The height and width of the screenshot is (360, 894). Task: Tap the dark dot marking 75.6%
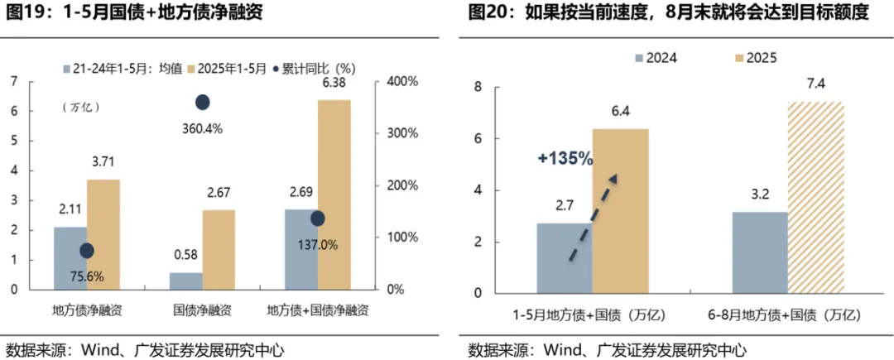click(x=87, y=251)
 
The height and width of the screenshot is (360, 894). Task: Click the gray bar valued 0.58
click(x=185, y=281)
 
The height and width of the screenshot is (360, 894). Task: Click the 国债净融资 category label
click(x=202, y=311)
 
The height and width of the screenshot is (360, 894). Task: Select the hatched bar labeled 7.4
click(x=815, y=197)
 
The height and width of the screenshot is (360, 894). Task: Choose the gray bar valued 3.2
click(x=760, y=252)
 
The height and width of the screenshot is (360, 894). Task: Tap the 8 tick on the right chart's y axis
click(x=478, y=87)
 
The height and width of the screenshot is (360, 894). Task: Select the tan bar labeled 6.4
click(x=620, y=210)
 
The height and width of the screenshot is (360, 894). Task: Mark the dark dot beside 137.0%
click(x=317, y=218)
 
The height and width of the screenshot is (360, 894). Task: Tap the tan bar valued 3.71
click(x=103, y=234)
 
